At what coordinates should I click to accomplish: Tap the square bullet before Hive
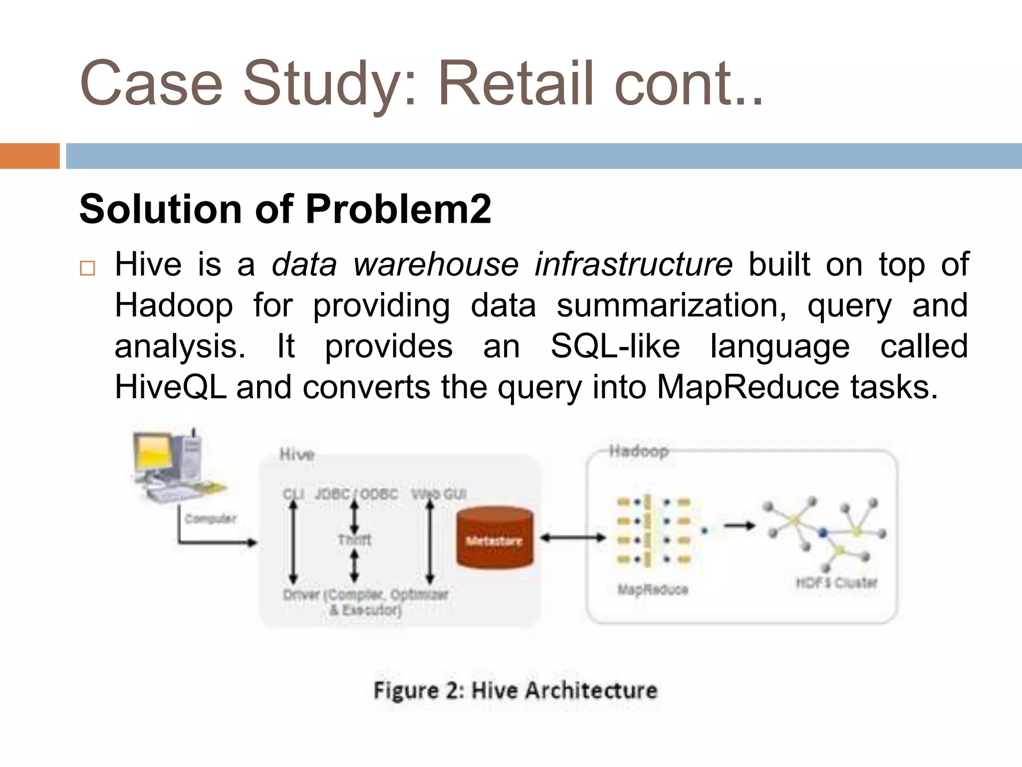point(87,268)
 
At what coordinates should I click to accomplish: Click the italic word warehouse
point(436,264)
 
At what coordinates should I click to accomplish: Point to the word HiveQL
point(170,387)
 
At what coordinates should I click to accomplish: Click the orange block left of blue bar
point(29,156)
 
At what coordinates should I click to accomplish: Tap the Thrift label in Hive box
point(354,540)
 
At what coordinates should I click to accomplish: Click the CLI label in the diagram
point(293,494)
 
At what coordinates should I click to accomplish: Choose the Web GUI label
point(439,494)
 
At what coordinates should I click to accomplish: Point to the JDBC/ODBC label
point(356,494)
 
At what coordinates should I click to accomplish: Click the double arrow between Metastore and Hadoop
point(573,538)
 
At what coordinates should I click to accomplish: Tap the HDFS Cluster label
point(836,583)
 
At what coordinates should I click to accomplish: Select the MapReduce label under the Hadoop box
point(653,590)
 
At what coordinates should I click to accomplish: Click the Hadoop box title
point(639,451)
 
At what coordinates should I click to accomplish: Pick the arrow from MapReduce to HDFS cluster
point(740,525)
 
